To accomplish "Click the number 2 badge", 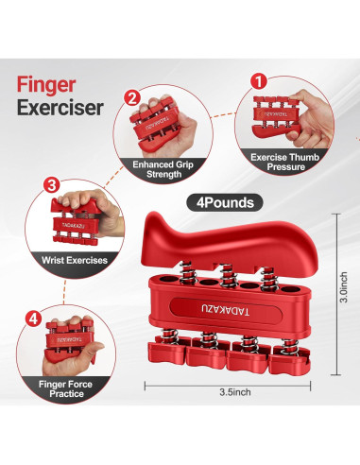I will click(132, 97).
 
